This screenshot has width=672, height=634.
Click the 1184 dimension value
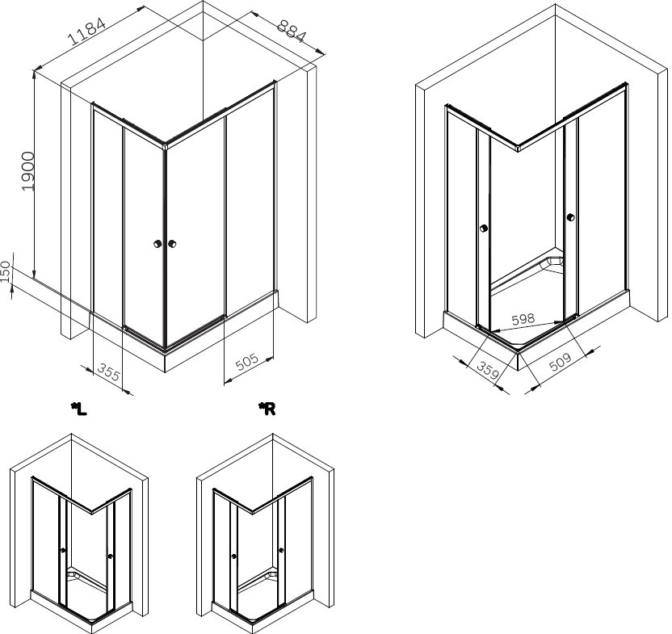coord(86,31)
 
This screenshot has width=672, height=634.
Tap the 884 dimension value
coord(292,31)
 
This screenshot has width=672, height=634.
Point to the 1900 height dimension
coord(27,171)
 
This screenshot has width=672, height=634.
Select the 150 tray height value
coord(6,271)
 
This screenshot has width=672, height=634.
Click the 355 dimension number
coord(108,372)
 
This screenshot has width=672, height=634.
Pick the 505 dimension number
coord(247,362)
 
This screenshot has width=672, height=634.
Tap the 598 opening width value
coord(523,319)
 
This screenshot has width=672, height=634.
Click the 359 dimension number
coord(489,371)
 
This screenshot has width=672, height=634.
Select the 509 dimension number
coord(561,362)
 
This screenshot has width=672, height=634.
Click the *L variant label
coord(79,409)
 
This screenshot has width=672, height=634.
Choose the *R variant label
coord(267,409)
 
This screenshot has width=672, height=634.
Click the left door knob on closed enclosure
coord(157,244)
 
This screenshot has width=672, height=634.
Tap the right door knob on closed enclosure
coord(172,244)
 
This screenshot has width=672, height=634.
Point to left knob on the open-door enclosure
coord(484,228)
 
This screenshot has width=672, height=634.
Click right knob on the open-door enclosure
coord(570,217)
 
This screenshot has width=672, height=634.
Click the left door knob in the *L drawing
coord(63,550)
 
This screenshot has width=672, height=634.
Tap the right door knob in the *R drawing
coord(281,550)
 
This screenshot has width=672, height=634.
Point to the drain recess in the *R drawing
coord(271,573)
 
